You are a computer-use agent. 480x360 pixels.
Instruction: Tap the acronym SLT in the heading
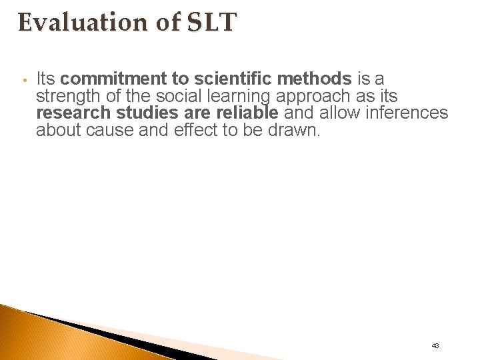pos(216,22)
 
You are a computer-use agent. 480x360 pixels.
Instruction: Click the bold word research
pos(73,113)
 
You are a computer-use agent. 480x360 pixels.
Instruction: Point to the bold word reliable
pos(245,113)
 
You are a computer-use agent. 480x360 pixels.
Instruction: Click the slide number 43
pos(435,345)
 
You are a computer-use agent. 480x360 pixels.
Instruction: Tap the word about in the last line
pos(59,130)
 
